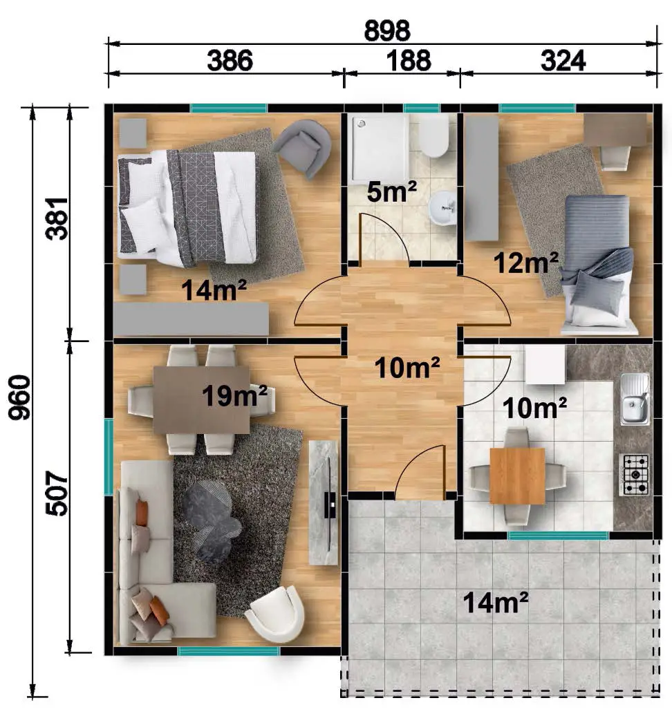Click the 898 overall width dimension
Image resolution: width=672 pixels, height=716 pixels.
pyautogui.click(x=387, y=31)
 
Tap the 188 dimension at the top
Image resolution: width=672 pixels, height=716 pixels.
pyautogui.click(x=409, y=61)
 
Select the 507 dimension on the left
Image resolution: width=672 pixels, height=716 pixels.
pyautogui.click(x=57, y=493)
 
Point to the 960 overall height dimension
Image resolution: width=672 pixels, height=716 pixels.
pyautogui.click(x=19, y=397)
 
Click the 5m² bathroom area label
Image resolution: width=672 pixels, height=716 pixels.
pyautogui.click(x=391, y=191)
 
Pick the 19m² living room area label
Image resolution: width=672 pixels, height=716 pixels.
pyautogui.click(x=234, y=395)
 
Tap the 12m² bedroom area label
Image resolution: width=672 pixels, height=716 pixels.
pyautogui.click(x=526, y=263)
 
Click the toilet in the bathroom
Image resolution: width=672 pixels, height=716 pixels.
pyautogui.click(x=434, y=135)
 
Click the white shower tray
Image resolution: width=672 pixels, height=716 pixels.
pyautogui.click(x=378, y=149)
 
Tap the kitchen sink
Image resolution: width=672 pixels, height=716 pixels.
pyautogui.click(x=635, y=399)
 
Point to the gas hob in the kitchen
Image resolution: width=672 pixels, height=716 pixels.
pyautogui.click(x=634, y=475)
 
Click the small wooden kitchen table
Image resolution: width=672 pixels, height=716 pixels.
pyautogui.click(x=517, y=475)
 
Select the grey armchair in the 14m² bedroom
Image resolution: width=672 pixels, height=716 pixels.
pyautogui.click(x=303, y=147)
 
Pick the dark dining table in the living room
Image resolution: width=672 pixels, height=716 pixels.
pyautogui.click(x=201, y=400)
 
